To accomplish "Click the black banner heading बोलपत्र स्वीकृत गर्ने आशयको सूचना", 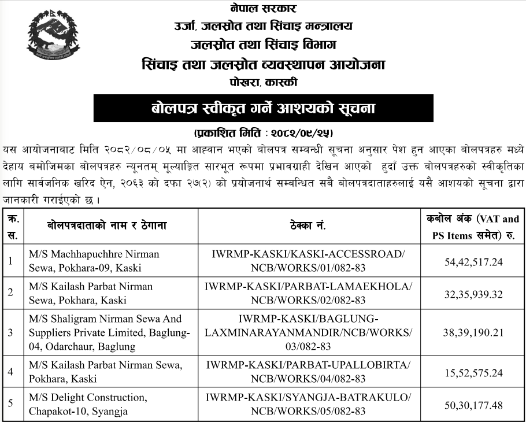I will coord(263,109).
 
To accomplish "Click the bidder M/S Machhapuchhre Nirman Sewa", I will coord(94,260).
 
